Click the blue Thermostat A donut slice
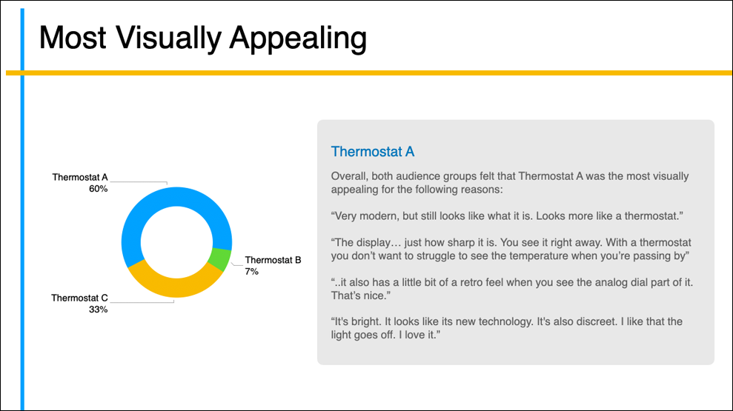pos(176,197)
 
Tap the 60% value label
pos(98,189)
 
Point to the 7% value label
pos(251,271)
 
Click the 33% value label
pos(98,310)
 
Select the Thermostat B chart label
pos(273,260)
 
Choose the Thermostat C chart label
pos(79,298)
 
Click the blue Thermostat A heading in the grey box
pos(373,151)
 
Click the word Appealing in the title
pos(298,39)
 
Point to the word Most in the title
pos(73,37)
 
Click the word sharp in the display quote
pos(462,243)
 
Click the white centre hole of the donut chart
pos(176,242)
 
